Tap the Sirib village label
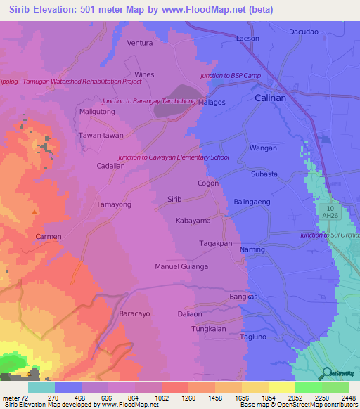coord(174,200)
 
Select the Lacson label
coord(247,38)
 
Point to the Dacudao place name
coord(304,32)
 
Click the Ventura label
coord(139,43)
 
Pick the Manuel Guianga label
coord(181,267)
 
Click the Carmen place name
coord(49,237)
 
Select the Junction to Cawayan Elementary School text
coord(174,157)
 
